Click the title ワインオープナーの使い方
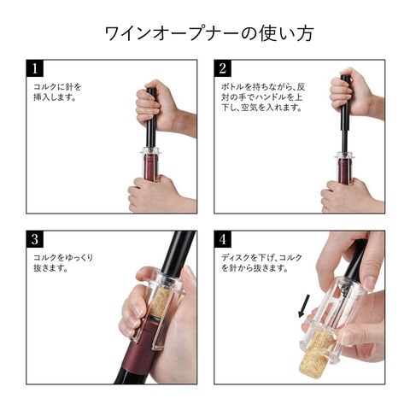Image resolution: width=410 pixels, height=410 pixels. point(209,33)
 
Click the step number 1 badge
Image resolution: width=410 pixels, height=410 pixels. point(35,68)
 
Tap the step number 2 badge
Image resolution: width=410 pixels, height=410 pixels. point(223,68)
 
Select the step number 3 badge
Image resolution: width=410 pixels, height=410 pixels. point(35,239)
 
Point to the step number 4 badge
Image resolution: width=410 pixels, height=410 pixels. point(223,239)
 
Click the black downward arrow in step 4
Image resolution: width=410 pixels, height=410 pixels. point(303,306)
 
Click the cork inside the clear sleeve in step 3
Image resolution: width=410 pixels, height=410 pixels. point(160,301)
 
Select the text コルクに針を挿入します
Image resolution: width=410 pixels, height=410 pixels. point(57,91)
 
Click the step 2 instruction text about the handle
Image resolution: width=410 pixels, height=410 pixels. point(263,97)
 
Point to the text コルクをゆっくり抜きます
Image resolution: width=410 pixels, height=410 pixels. point(63,262)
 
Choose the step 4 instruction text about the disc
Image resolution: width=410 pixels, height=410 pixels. point(261,262)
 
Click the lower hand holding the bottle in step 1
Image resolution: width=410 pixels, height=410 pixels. point(160,195)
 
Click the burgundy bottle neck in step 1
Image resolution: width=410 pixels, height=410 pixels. point(151,167)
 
